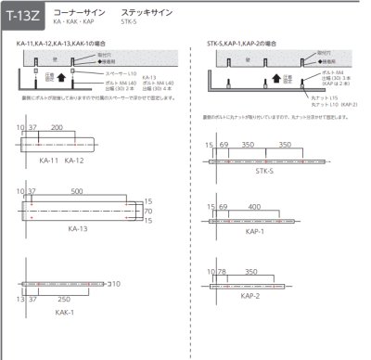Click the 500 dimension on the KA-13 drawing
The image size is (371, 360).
pyautogui.click(x=87, y=191)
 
